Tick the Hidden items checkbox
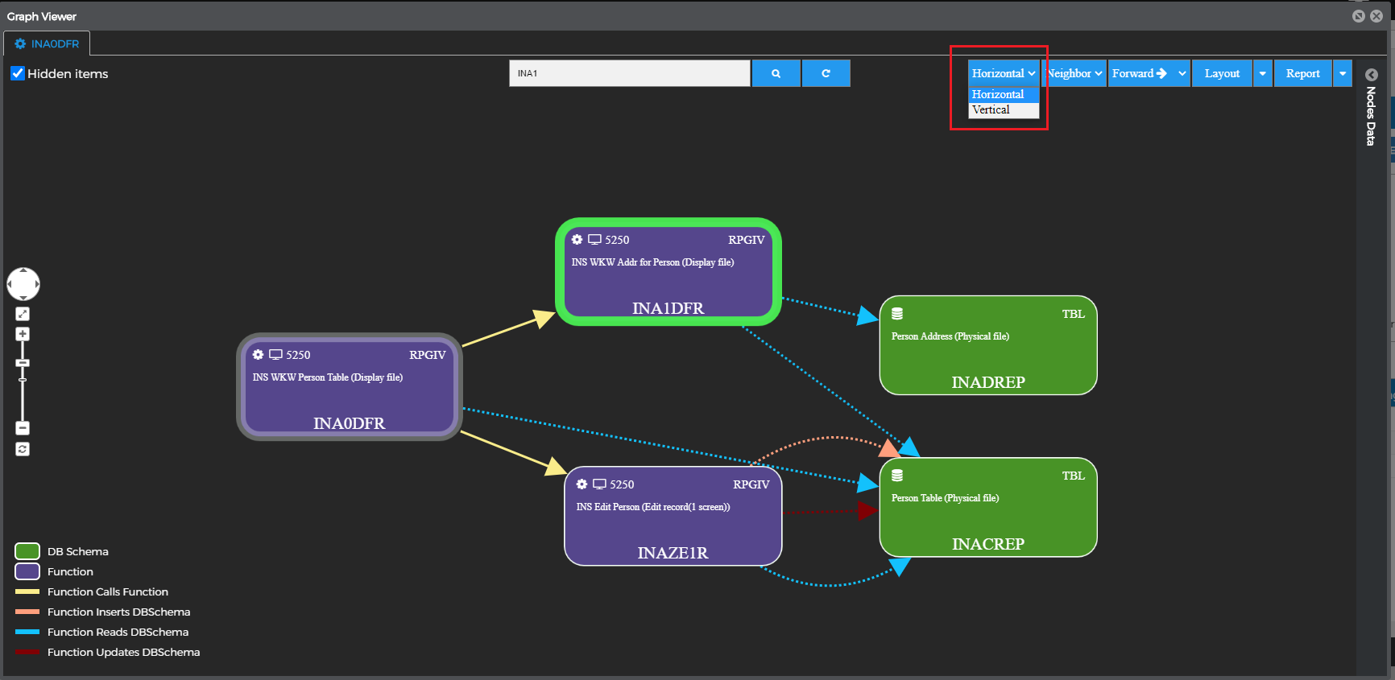click(18, 73)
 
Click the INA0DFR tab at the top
click(48, 44)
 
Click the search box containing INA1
click(629, 73)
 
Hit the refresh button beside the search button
click(826, 73)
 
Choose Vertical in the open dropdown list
click(991, 110)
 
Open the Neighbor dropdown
click(1074, 73)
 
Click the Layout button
click(1222, 73)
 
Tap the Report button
click(1302, 73)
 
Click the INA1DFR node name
click(668, 308)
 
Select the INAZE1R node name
click(673, 553)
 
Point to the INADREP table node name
click(987, 382)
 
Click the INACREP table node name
click(987, 544)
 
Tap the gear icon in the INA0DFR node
click(258, 355)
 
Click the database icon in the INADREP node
click(897, 314)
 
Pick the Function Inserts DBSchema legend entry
click(118, 612)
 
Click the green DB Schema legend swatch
click(27, 551)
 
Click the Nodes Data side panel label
click(1370, 116)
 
